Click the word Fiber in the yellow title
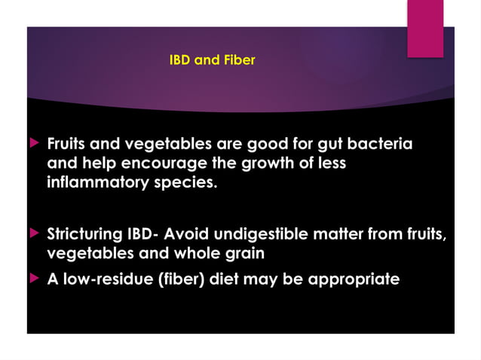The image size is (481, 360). tap(237, 60)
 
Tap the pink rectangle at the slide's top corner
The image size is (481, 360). tap(425, 29)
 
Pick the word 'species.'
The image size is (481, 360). tap(191, 184)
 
